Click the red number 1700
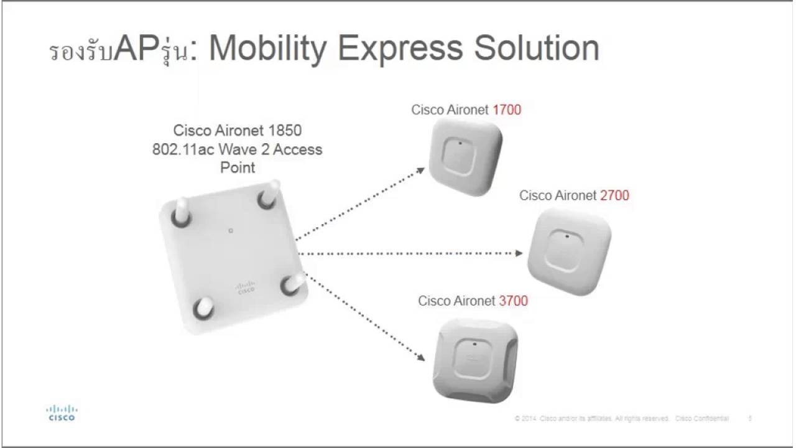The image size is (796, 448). click(x=506, y=110)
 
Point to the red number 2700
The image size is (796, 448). click(x=614, y=195)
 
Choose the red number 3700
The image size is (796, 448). click(x=513, y=301)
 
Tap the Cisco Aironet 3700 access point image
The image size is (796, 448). click(x=475, y=358)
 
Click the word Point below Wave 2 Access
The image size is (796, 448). click(x=237, y=168)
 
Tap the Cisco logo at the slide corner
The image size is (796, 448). click(x=62, y=413)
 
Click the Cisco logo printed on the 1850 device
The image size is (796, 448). click(x=245, y=287)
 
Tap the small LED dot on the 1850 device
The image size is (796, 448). click(x=231, y=231)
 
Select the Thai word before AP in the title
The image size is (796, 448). click(x=81, y=53)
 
